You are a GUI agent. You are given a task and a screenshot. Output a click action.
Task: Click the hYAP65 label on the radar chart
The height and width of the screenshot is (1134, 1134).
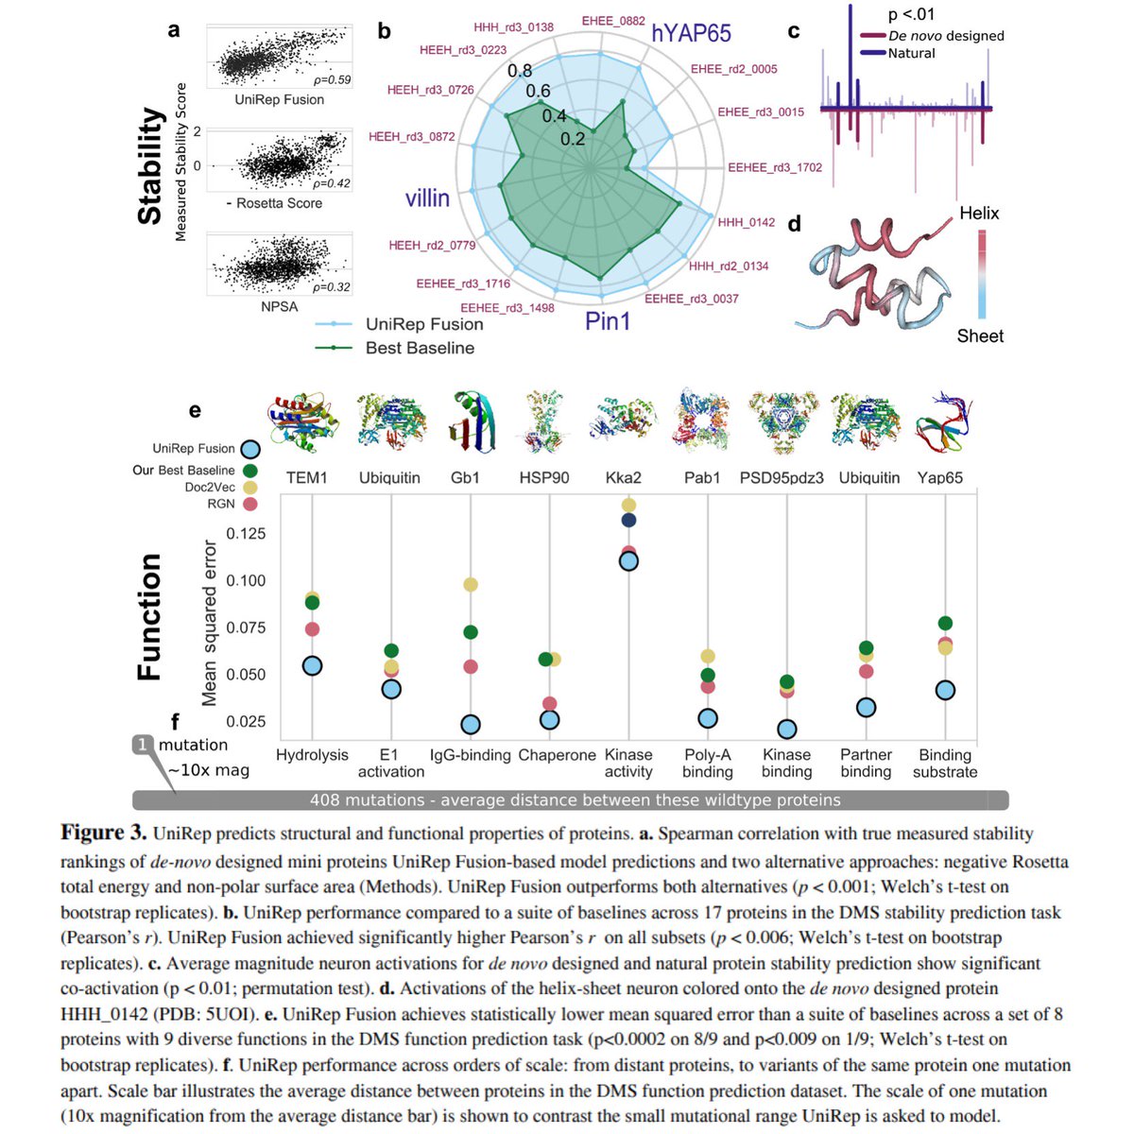(691, 34)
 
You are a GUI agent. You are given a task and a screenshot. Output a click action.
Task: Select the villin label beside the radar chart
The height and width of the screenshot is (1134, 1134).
(427, 198)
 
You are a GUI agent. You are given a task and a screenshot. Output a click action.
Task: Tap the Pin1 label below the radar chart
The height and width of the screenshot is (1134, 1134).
(608, 321)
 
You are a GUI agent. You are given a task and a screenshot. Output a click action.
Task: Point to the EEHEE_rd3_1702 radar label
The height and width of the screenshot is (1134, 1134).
(775, 167)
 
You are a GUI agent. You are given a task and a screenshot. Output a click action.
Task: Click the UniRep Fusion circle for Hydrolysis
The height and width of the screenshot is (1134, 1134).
(313, 666)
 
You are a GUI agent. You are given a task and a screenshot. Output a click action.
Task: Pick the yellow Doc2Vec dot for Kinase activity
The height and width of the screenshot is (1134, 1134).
(628, 506)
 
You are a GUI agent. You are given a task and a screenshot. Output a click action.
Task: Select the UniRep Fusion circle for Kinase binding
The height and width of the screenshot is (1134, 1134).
(787, 729)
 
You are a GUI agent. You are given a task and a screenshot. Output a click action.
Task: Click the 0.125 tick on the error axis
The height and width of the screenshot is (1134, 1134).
(246, 534)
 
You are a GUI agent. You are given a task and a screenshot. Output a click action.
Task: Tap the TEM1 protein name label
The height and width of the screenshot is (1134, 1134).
(307, 478)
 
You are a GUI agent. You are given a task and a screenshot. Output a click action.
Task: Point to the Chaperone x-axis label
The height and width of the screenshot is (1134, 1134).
(557, 755)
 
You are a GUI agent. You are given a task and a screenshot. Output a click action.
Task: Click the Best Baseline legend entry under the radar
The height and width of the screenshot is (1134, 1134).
(420, 348)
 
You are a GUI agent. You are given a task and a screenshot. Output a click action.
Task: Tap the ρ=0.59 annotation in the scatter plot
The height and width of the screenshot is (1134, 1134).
(332, 79)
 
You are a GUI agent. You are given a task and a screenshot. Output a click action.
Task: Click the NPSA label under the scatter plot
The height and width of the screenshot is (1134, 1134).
(279, 306)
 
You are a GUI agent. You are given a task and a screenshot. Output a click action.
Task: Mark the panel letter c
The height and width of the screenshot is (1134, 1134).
(794, 31)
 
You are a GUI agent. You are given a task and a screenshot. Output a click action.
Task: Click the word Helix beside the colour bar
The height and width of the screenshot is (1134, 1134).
(979, 214)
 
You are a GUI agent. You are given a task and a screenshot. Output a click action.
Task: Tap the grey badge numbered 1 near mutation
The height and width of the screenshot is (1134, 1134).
(143, 745)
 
